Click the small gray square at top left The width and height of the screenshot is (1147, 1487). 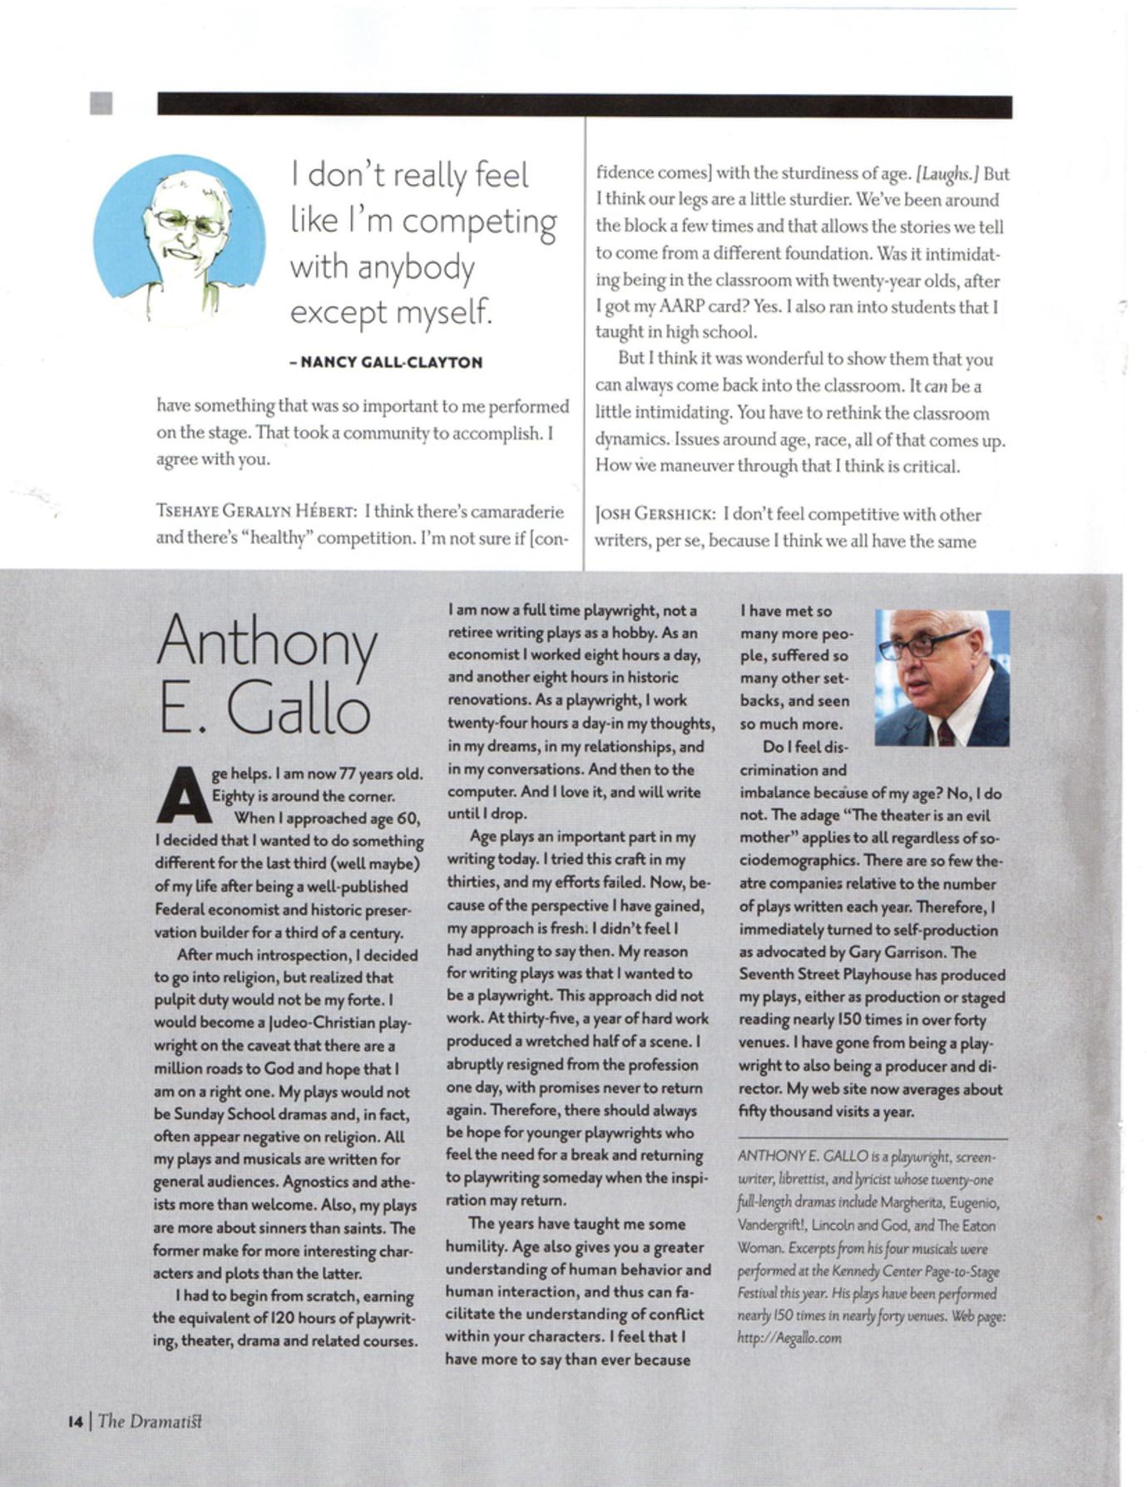click(101, 104)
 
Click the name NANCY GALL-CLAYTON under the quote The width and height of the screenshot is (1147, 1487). click(391, 362)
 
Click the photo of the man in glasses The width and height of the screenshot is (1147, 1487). click(942, 677)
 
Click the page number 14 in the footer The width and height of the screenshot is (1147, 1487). click(76, 1421)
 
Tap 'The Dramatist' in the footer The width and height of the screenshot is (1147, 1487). click(150, 1421)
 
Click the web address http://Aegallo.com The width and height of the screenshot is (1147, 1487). click(789, 1338)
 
